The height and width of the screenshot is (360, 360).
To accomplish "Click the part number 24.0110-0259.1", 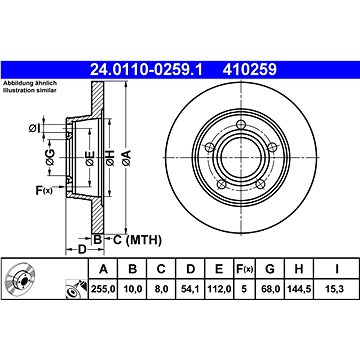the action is tap(146, 70).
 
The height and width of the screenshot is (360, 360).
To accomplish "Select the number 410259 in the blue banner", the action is tap(250, 70).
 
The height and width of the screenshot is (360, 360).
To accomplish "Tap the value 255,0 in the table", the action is tap(103, 289).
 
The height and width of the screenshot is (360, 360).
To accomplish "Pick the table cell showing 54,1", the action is tap(190, 289).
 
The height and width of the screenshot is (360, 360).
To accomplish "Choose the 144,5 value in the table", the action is tap(299, 289).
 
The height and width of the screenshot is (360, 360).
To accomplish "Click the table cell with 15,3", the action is tap(337, 289).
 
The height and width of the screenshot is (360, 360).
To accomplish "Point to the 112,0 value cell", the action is tap(219, 289).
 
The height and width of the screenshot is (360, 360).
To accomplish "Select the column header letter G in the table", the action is tap(270, 269).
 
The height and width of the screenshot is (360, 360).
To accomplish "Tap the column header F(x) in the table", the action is tap(245, 269).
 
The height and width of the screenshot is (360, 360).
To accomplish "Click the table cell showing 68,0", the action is tap(270, 289).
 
